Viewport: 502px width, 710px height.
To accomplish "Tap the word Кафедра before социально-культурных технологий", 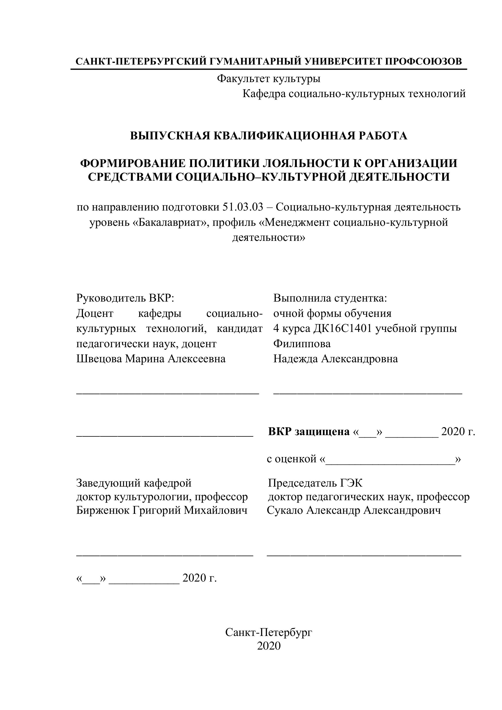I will coord(264,94).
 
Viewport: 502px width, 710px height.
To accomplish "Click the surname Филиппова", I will coord(302,344).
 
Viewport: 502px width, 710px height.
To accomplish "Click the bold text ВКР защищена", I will coord(309,431).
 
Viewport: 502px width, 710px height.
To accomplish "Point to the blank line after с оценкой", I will coord(390,459).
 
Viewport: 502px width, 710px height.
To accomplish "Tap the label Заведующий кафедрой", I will coord(134,483).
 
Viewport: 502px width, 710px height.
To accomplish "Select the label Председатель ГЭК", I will coord(315,483).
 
